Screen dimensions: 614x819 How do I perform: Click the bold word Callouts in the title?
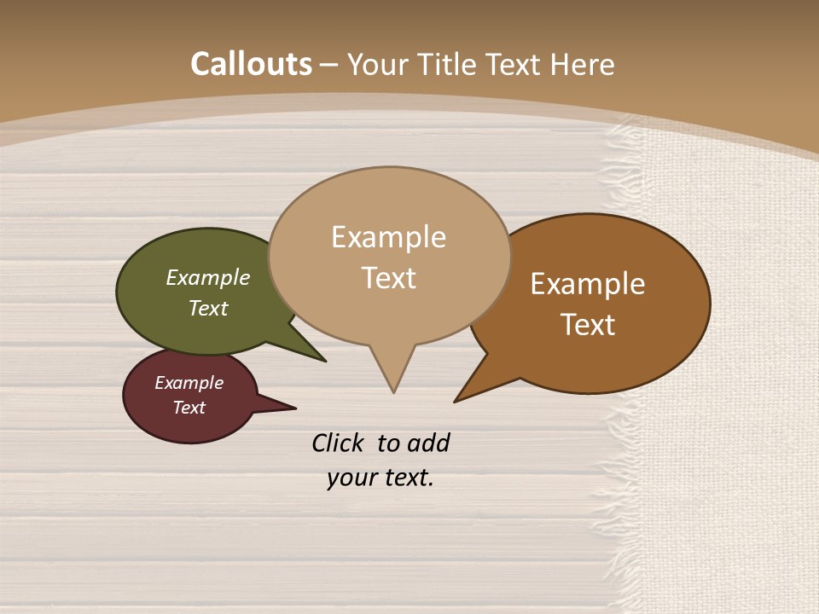tap(251, 64)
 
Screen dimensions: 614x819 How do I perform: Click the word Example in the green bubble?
tap(208, 277)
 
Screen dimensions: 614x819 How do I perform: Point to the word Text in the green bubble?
tap(208, 308)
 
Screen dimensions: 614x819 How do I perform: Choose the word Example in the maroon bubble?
tap(189, 383)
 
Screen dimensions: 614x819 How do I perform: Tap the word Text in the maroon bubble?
tap(189, 408)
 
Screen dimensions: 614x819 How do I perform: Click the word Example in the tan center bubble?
tap(388, 237)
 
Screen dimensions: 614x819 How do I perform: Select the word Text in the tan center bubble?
tap(388, 278)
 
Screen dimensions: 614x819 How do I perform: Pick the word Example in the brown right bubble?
tap(588, 284)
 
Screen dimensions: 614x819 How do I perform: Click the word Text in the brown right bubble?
tap(588, 325)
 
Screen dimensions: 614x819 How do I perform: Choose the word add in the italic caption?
tap(427, 443)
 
